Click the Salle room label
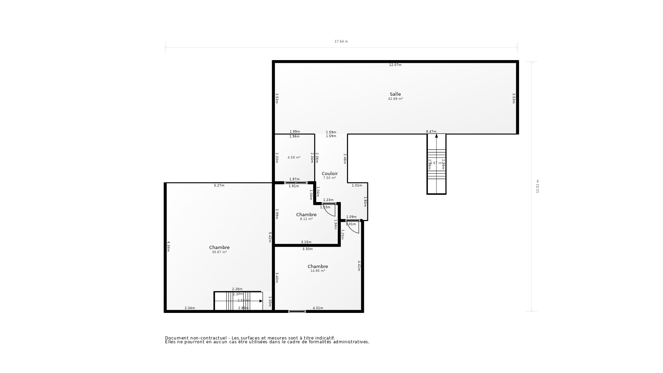tap(395, 94)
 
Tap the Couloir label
tap(329, 173)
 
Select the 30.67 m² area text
tap(219, 252)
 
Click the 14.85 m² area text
tap(318, 271)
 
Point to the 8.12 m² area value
tap(306, 219)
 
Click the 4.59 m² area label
tap(294, 157)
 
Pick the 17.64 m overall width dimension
tap(341, 41)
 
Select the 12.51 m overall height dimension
tap(538, 186)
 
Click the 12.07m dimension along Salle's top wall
tap(395, 65)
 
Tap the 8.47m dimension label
tap(431, 132)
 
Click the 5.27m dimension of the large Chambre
tap(219, 185)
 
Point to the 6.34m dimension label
tap(169, 246)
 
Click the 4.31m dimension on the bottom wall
tap(318, 308)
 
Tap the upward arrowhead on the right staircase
tap(436, 136)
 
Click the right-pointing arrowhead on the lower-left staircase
tap(261, 301)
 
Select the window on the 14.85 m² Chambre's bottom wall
tap(297, 312)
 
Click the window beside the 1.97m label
tap(296, 183)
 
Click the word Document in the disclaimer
tap(177, 338)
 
